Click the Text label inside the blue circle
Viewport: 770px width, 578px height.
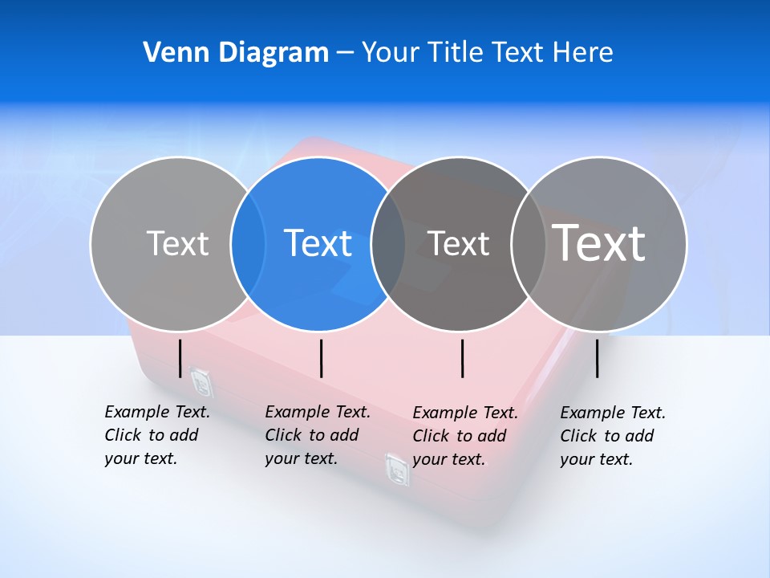point(318,243)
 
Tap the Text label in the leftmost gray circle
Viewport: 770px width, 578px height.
point(177,243)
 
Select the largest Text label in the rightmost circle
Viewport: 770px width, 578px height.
point(599,242)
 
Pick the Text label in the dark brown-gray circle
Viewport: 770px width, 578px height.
point(458,243)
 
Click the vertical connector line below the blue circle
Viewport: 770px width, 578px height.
point(321,358)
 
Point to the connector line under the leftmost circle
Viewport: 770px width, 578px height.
point(180,358)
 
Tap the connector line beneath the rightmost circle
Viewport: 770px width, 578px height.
point(598,358)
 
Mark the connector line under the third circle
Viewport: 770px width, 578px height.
point(463,358)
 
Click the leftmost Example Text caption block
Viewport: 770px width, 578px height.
point(157,435)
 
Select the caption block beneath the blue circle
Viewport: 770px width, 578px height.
point(318,435)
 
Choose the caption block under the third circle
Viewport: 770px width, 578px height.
point(465,436)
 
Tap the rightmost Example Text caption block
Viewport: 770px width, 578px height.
point(613,436)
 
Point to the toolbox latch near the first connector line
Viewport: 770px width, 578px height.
point(201,381)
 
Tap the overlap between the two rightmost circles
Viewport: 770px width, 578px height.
point(528,244)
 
